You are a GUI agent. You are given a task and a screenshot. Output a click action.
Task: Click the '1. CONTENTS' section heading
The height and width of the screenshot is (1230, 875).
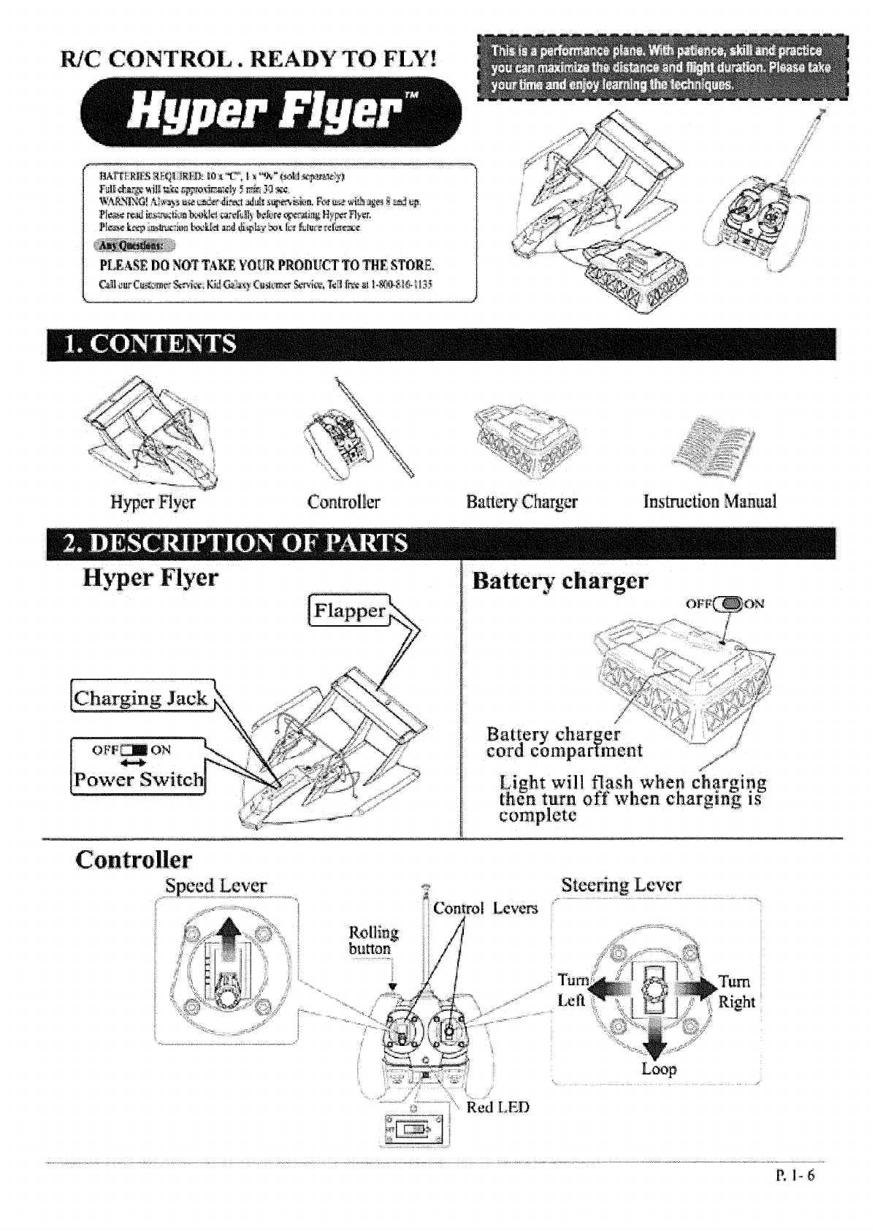(152, 344)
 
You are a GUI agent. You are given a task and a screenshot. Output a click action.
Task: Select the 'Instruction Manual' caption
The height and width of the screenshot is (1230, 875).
(709, 502)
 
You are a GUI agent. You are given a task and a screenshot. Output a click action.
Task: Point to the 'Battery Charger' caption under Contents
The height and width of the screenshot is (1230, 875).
(521, 502)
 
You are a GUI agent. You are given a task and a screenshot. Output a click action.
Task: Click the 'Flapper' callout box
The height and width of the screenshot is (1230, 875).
(350, 611)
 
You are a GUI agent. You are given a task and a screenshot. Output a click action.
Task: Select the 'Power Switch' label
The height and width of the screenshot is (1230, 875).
(139, 779)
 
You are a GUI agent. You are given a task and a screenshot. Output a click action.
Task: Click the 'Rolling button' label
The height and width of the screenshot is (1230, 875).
(373, 941)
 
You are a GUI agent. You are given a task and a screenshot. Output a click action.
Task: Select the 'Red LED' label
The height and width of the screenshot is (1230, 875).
(497, 1107)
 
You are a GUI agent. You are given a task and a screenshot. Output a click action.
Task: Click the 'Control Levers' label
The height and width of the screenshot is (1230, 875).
(485, 908)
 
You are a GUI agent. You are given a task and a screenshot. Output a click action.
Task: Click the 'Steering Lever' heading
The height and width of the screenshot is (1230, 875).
(621, 885)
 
